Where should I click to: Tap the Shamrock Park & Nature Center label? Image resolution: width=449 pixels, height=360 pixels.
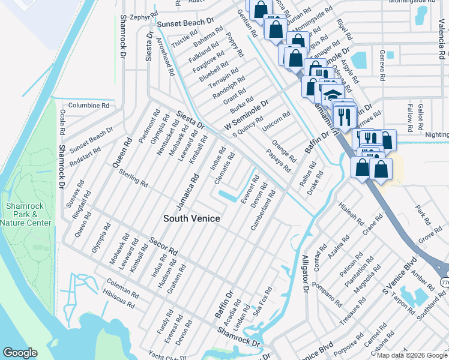(26, 214)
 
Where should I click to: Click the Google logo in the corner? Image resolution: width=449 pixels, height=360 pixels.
(20, 353)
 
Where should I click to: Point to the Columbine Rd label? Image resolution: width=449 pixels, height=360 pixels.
(88, 105)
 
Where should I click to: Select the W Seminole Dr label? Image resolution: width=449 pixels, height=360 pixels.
(245, 114)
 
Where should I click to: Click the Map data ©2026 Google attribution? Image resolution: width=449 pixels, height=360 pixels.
(412, 355)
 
